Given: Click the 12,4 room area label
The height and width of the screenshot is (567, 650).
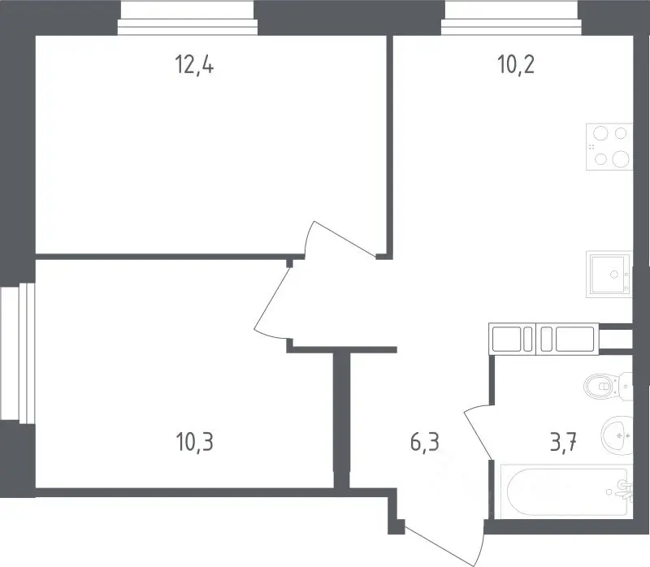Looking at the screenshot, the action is pyautogui.click(x=194, y=65).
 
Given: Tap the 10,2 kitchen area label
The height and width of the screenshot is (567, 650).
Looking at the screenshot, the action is pyautogui.click(x=516, y=65).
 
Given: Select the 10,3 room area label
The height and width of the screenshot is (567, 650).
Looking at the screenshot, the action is pyautogui.click(x=194, y=442).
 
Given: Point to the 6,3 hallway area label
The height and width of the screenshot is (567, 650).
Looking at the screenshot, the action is pyautogui.click(x=424, y=442).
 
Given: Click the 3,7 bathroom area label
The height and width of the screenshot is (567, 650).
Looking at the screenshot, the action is pyautogui.click(x=563, y=442).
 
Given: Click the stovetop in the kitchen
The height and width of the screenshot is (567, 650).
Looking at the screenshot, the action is pyautogui.click(x=609, y=147).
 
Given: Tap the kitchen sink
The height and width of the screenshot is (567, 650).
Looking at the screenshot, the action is pyautogui.click(x=609, y=274).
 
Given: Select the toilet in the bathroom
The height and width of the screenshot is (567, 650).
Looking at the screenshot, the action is pyautogui.click(x=608, y=387).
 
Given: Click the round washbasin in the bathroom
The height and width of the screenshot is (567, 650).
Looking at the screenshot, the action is pyautogui.click(x=617, y=435).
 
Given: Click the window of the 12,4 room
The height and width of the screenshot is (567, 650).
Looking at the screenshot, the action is pyautogui.click(x=188, y=18).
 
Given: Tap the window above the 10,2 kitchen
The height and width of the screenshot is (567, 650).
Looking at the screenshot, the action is pyautogui.click(x=512, y=18).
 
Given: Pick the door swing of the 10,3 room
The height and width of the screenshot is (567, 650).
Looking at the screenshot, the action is pyautogui.click(x=271, y=301).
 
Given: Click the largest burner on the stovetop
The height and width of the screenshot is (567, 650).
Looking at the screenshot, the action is pyautogui.click(x=621, y=158).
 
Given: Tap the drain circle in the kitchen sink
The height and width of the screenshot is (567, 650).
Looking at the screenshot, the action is pyautogui.click(x=614, y=274).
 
